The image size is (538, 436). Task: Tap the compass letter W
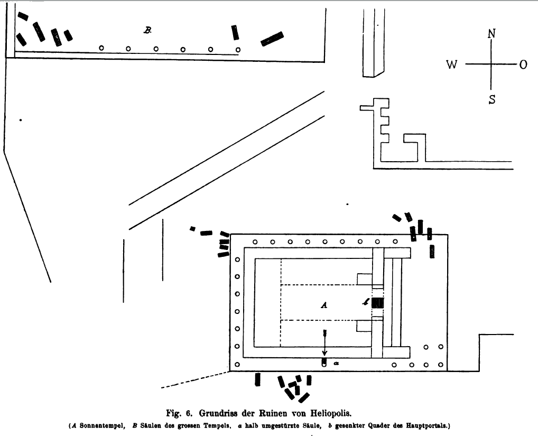(452, 64)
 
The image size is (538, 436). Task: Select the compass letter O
(523, 64)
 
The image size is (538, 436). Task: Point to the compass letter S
(491, 98)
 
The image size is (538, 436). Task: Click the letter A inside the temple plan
(325, 305)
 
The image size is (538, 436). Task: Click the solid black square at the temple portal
(377, 303)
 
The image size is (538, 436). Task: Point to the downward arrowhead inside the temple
(324, 352)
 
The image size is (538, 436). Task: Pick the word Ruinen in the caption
(277, 411)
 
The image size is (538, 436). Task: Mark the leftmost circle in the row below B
(101, 48)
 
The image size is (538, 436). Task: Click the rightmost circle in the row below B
(238, 50)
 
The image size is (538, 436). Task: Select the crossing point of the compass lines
(491, 64)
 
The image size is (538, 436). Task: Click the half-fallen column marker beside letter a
(324, 363)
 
